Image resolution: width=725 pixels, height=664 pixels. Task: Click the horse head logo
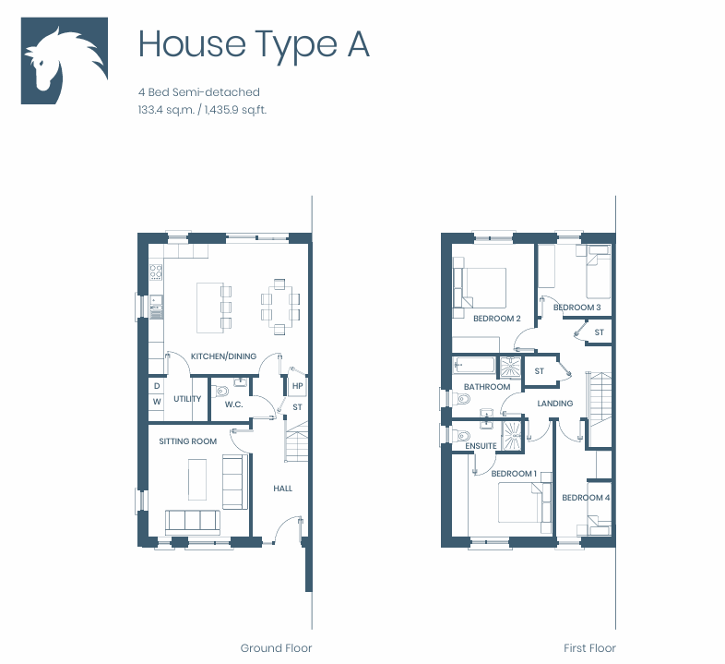tap(65, 61)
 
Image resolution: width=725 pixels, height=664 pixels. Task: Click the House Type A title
tap(254, 45)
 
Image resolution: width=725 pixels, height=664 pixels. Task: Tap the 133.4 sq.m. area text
tap(166, 110)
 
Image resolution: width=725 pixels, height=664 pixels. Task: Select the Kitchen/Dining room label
tap(223, 356)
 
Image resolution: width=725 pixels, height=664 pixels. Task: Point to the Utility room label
tap(187, 399)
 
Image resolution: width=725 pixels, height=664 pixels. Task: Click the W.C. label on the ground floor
tap(234, 404)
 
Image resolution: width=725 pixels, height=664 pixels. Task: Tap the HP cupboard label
tap(297, 386)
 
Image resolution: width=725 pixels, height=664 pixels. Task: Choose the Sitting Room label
tap(188, 441)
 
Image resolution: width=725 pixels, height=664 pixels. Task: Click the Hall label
tap(282, 488)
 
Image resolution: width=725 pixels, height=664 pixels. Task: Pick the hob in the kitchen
tap(156, 272)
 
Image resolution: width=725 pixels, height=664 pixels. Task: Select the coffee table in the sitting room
tap(197, 479)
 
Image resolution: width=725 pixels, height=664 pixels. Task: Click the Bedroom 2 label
tap(496, 319)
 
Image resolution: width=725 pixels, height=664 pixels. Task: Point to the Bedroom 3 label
tap(577, 308)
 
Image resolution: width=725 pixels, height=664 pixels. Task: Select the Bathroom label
tap(487, 387)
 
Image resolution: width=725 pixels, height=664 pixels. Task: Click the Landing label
tap(555, 404)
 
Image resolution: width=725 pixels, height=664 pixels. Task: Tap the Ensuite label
tap(481, 446)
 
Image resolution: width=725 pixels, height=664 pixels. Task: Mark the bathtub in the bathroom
tap(474, 365)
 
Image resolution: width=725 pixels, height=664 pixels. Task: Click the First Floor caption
tap(589, 647)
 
